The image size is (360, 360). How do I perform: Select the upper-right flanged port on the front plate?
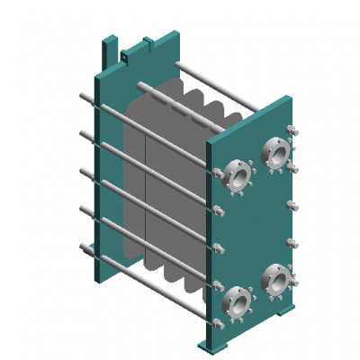coord(275,150)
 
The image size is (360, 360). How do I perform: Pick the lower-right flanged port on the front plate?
coord(275,282)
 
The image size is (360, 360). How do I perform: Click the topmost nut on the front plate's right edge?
coord(291,129)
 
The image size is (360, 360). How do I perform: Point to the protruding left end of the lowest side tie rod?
coord(83,247)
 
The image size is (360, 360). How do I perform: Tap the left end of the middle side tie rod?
coord(82,172)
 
